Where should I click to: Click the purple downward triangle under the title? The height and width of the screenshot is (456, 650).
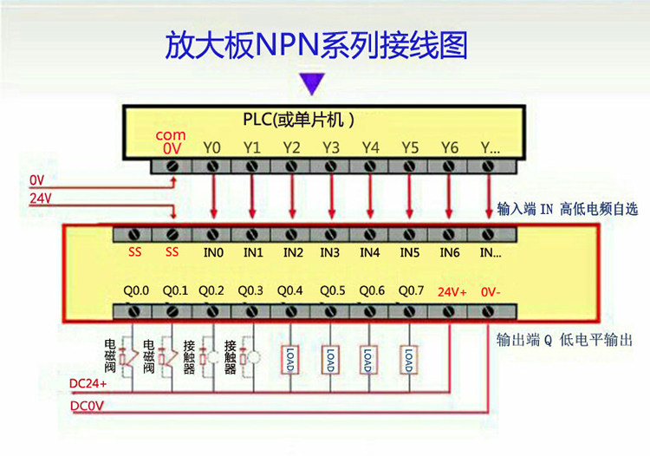[312, 83]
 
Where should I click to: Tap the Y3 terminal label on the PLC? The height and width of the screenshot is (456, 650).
[330, 147]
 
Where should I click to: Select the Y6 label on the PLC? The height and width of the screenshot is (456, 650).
[449, 147]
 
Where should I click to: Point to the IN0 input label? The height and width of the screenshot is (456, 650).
[213, 253]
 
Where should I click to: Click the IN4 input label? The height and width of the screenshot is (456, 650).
[370, 253]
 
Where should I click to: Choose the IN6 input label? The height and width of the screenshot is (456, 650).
[449, 253]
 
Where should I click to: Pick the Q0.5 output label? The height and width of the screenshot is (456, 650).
[332, 290]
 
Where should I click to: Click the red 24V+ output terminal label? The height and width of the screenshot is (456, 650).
[452, 292]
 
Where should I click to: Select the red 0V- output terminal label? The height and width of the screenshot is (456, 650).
[490, 292]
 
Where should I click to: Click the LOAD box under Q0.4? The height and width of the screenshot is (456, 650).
[289, 359]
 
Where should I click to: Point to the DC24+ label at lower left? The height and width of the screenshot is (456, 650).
[88, 383]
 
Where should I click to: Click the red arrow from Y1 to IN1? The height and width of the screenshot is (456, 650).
[251, 195]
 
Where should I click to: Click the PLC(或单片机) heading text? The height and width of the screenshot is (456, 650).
[297, 120]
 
